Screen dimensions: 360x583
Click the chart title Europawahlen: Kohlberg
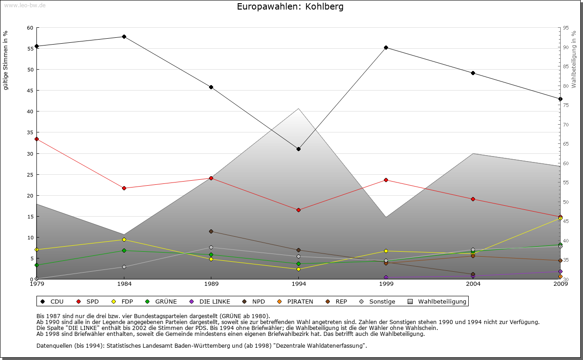click(290, 7)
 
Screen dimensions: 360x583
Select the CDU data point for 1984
click(124, 36)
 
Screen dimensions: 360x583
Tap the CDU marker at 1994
click(298, 149)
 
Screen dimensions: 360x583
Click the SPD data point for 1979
click(36, 139)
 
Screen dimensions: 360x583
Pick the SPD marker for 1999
click(386, 180)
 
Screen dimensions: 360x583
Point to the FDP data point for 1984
click(124, 239)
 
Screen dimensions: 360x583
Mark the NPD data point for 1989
click(211, 231)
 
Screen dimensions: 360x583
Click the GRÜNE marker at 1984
click(124, 250)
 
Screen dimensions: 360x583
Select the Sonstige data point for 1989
click(211, 247)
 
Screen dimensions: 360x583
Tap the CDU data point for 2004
click(473, 73)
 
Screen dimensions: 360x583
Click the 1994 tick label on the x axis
click(298, 284)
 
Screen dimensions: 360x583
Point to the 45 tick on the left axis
click(30, 91)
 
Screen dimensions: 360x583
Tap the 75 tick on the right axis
click(566, 105)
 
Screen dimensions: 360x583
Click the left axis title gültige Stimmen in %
click(5, 60)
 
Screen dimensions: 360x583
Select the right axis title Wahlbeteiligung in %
click(574, 60)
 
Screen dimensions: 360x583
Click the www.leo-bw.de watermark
click(25, 5)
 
